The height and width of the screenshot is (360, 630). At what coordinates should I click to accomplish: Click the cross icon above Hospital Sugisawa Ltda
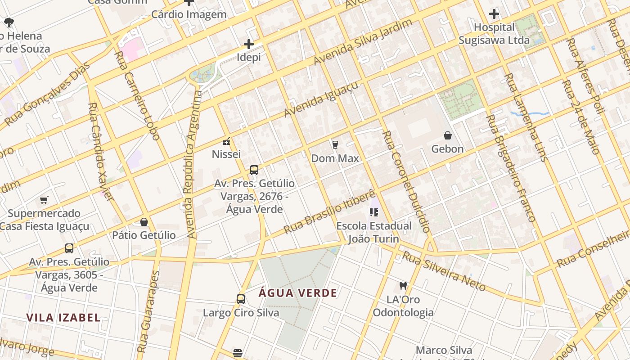494,14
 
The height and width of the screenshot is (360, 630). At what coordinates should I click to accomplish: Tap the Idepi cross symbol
248,44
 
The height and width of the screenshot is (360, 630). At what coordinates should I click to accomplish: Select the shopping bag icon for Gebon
447,135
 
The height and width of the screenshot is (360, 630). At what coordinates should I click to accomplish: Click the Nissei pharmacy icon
226,141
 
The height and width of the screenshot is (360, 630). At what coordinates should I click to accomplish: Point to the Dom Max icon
335,144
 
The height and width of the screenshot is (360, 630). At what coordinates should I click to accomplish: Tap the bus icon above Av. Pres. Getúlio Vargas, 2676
254,170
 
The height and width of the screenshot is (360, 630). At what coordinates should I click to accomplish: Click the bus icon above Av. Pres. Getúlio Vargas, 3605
69,248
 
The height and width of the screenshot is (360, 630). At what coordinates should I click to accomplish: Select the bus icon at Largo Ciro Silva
241,299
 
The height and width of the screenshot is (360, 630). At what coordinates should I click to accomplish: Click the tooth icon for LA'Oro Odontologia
403,286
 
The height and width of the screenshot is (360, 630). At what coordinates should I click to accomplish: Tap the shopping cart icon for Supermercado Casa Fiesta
44,200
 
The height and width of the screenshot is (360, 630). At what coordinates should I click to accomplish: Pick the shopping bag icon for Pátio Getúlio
144,222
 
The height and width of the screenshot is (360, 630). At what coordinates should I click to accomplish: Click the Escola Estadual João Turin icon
373,212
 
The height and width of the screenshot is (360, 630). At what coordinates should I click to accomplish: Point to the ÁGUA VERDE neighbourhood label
298,293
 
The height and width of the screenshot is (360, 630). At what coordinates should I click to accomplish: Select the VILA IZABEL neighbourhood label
63,318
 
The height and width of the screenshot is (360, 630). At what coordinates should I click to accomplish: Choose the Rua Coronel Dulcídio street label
406,181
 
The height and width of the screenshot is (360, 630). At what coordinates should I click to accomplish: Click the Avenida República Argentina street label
192,164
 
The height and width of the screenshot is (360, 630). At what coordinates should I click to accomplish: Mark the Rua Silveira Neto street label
444,271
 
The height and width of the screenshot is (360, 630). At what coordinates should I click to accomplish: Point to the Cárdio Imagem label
189,14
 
